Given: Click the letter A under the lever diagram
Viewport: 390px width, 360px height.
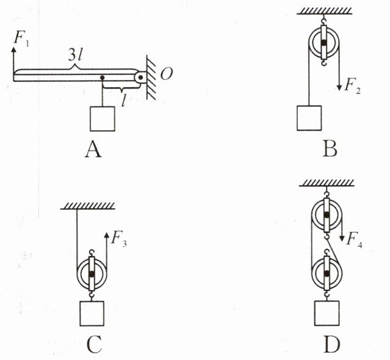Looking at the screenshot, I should click(x=93, y=149).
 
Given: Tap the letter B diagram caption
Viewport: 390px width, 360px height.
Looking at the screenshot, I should click(x=330, y=149).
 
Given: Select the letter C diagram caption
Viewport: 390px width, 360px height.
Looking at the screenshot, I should click(x=93, y=345).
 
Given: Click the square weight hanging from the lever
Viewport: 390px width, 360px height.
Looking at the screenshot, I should click(x=103, y=118).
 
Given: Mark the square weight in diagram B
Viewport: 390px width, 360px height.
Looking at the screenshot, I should click(x=309, y=118).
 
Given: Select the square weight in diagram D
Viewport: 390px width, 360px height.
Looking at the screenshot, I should click(x=327, y=314).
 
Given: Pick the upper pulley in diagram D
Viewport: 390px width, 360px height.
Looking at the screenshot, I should click(x=327, y=215).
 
